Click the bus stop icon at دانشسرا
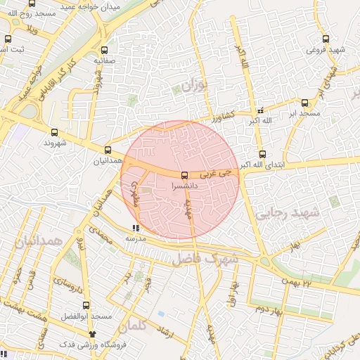click(184, 174)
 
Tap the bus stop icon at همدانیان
click(108, 150)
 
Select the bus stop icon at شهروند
click(54, 131)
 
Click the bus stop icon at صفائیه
click(105, 50)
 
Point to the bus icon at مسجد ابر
click(304, 102)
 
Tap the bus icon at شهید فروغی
click(324, 39)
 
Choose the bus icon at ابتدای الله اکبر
click(262, 154)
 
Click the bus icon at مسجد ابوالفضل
click(86, 305)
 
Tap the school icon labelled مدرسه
click(136, 228)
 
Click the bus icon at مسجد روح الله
click(31, 3)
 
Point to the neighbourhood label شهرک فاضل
click(205, 259)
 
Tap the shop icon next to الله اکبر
click(262, 110)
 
